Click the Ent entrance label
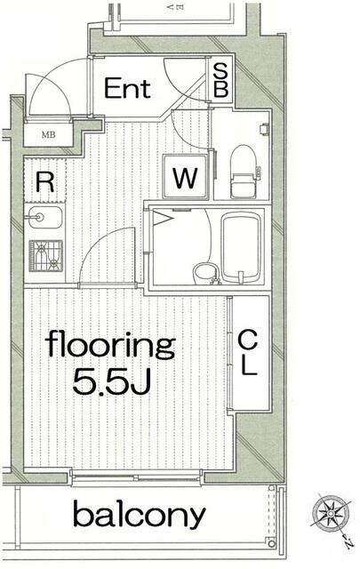click(127, 88)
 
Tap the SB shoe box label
click(220, 80)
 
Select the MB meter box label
click(48, 135)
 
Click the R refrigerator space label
click(45, 182)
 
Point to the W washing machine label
click(185, 178)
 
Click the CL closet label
click(248, 353)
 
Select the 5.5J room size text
click(111, 381)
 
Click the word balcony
click(140, 513)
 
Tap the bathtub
click(241, 247)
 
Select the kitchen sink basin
click(45, 217)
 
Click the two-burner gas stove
click(45, 256)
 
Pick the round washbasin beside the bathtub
click(204, 274)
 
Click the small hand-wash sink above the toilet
click(264, 128)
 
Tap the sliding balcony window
click(136, 477)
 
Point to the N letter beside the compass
click(348, 544)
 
